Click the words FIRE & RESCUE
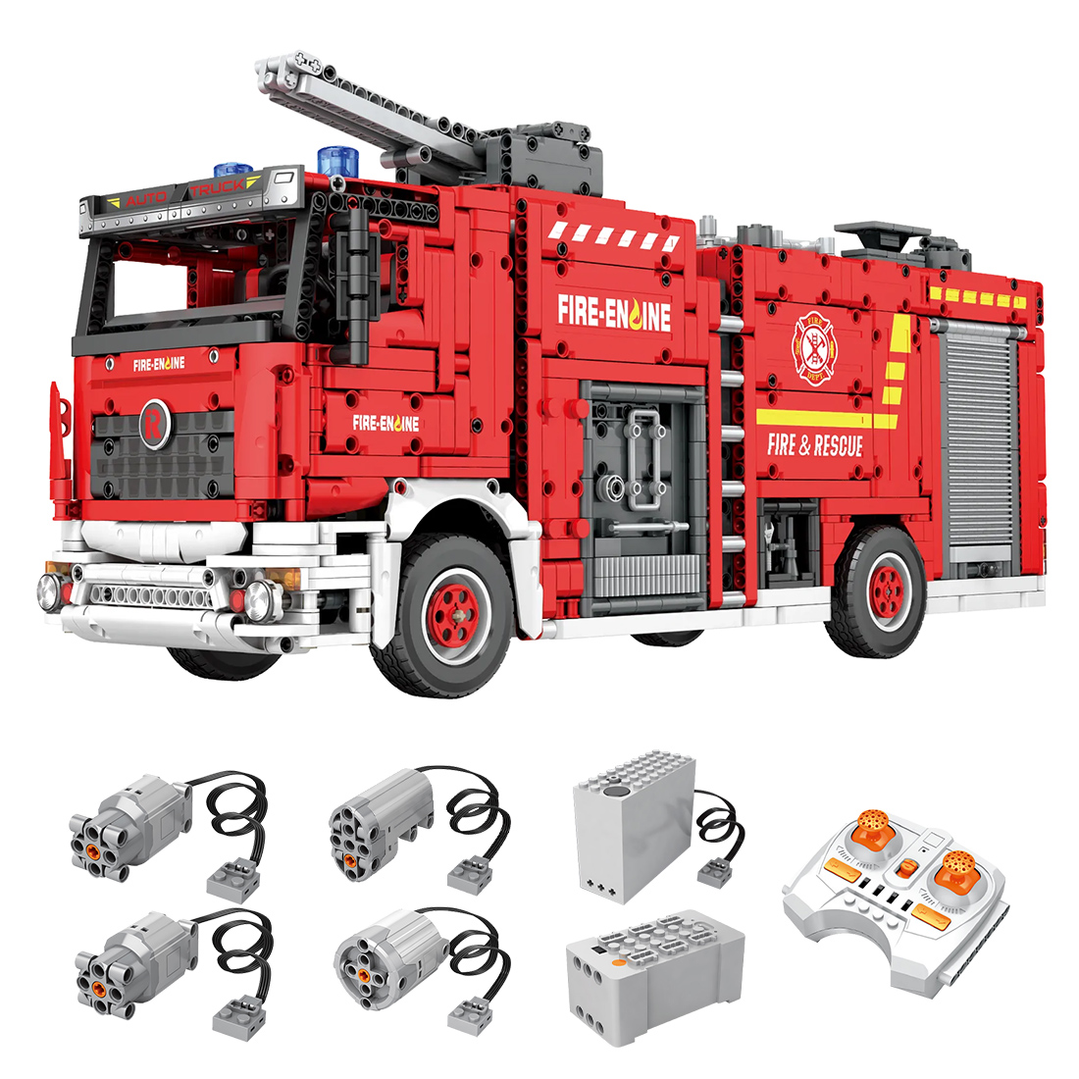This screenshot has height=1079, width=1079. point(814,446)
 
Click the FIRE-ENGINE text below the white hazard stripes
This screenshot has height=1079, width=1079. point(615,312)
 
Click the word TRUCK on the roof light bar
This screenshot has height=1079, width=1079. point(218,186)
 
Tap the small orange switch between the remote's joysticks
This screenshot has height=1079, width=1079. point(906,868)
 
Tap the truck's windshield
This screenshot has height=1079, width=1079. point(186,279)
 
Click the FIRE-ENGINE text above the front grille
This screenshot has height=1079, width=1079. point(158,364)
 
